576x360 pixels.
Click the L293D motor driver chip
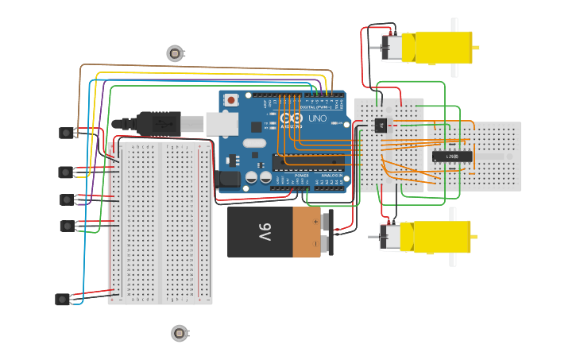452,156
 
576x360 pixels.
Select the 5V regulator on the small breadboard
380,125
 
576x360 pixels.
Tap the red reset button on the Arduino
230,100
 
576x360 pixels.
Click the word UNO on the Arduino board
317,118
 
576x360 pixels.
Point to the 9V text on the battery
265,232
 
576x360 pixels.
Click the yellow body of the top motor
437,48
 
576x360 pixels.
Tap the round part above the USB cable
175,53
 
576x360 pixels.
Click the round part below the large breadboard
180,333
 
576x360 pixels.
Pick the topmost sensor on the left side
66,133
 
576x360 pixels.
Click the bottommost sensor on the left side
63,300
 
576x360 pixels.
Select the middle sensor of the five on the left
67,199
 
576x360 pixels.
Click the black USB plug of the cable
158,123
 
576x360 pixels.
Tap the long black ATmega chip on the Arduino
311,162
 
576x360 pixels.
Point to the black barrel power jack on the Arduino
229,180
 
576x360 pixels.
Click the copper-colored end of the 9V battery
307,232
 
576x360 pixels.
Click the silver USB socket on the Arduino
222,123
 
